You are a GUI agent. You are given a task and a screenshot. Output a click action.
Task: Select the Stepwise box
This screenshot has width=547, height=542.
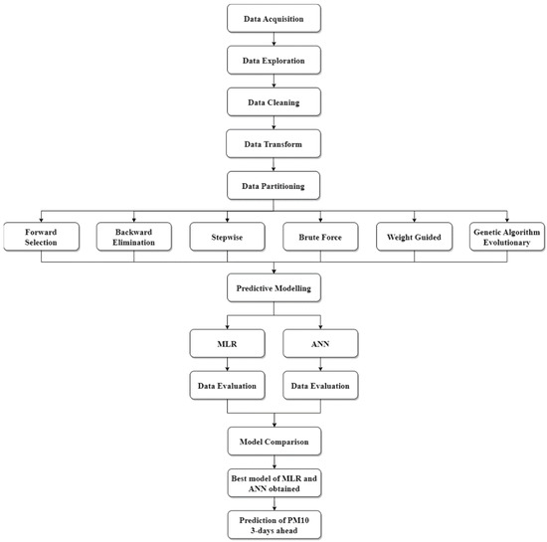[x=227, y=237]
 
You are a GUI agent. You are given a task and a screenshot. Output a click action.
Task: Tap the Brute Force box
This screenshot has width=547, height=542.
[x=320, y=237]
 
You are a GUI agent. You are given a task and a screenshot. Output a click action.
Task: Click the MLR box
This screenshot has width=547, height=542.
[x=227, y=342]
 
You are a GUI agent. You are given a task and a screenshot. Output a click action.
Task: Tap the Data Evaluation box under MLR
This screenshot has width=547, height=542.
[x=227, y=383]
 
